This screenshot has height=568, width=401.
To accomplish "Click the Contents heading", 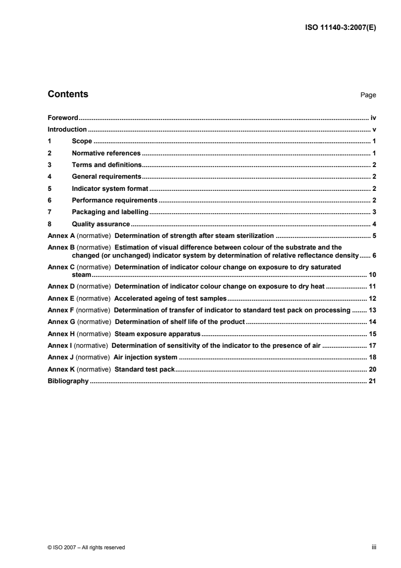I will [68, 94].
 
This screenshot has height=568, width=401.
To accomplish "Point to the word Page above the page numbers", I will [368, 95].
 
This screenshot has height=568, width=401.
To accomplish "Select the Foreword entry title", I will [62, 117].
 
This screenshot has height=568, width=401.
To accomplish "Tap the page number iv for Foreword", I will [373, 117].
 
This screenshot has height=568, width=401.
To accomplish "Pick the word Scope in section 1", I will [82, 141].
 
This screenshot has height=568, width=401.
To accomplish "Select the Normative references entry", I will [106, 153].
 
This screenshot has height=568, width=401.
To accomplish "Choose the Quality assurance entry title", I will [101, 224].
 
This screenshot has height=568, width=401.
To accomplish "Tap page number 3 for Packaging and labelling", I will [374, 212].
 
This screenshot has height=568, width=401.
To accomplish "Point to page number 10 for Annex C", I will [372, 274].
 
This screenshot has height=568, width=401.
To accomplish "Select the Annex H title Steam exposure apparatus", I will [158, 334].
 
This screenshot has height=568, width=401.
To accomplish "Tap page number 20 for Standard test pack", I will [372, 369].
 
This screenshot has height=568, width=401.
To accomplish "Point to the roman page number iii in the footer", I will [374, 547].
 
